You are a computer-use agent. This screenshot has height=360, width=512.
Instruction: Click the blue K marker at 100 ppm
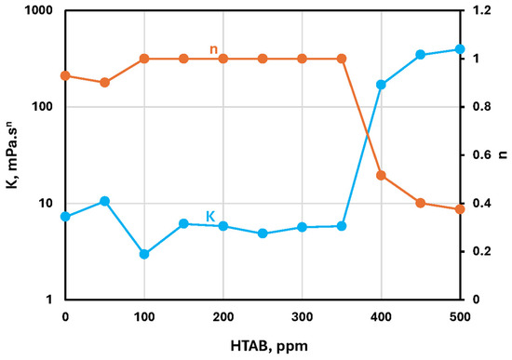point(144,254)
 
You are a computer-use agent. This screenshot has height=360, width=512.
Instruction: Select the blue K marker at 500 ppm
point(460,49)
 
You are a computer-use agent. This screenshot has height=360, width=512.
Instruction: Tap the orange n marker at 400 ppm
point(381,176)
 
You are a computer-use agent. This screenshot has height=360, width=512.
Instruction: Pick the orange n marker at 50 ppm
point(105,83)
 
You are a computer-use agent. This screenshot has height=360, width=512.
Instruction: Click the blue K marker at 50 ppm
point(105,201)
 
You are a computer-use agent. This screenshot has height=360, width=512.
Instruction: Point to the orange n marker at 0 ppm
point(66,75)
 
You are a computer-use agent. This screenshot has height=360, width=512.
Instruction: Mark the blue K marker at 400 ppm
point(381,85)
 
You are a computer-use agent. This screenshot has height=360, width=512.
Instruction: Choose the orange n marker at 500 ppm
point(460,209)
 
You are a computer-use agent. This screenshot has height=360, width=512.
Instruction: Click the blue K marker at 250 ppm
point(263,233)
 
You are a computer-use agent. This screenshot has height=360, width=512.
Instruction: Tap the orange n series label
point(213,49)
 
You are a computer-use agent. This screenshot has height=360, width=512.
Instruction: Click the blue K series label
point(210,217)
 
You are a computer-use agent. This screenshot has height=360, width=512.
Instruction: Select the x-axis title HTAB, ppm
point(269,347)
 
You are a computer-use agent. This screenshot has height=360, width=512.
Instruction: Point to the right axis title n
point(504,154)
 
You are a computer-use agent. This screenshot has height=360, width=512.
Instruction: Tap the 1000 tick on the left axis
point(38,11)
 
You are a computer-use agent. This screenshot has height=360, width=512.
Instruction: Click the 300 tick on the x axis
point(302,317)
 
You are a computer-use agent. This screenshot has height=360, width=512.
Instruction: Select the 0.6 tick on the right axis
point(481,154)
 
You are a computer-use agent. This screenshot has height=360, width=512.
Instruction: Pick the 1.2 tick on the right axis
point(481,11)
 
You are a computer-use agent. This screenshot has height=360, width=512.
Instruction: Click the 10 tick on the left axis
point(46,204)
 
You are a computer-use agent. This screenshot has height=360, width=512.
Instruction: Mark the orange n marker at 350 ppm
point(342,59)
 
